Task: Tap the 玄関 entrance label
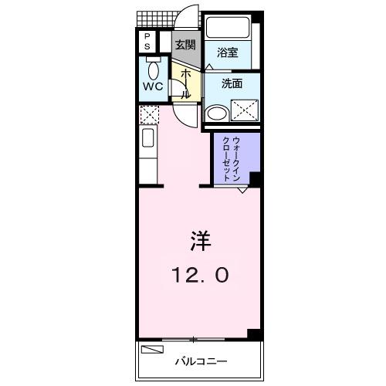[185, 44]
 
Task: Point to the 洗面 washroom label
[232, 83]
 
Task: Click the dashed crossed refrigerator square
[148, 116]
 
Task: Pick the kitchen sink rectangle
[148, 144]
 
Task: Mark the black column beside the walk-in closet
[254, 179]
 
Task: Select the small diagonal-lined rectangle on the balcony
[153, 349]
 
